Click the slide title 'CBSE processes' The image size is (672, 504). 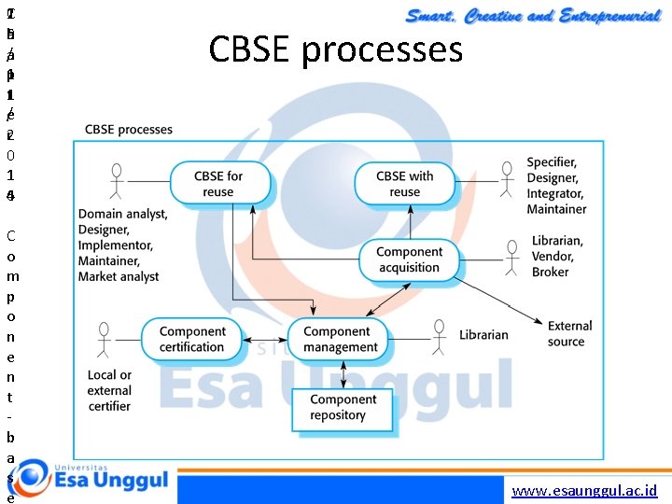(x=336, y=49)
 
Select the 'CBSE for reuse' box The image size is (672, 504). (x=218, y=184)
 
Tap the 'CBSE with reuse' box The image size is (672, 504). (x=404, y=184)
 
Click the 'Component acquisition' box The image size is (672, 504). (x=409, y=259)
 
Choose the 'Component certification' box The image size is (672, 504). (x=192, y=339)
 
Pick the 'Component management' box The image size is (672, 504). (x=341, y=340)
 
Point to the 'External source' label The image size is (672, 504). (x=569, y=333)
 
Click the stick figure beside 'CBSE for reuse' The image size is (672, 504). (x=117, y=182)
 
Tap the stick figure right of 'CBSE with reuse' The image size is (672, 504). (x=507, y=182)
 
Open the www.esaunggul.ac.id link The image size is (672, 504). (x=585, y=490)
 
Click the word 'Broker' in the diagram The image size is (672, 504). (x=550, y=272)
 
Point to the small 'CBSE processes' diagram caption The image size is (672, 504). (x=129, y=129)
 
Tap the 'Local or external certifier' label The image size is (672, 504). (x=109, y=390)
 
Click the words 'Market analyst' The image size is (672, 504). (x=119, y=276)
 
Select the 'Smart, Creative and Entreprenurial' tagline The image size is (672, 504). (x=531, y=15)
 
